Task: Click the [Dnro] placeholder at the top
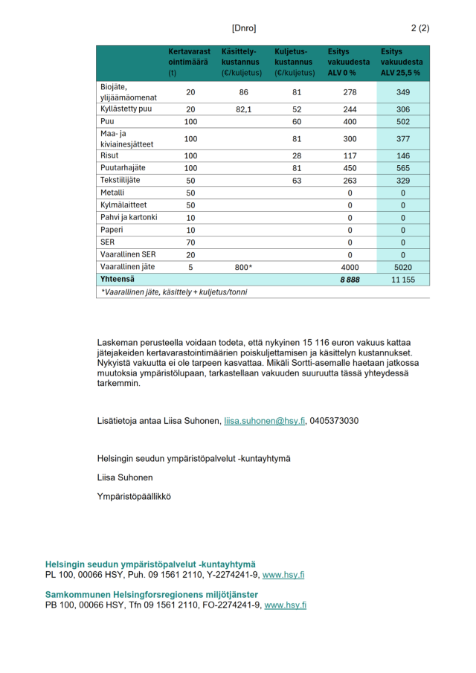pyautogui.click(x=244, y=28)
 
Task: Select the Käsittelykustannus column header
pyautogui.click(x=239, y=62)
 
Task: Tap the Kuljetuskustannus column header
pyautogui.click(x=295, y=62)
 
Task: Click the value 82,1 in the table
pyautogui.click(x=239, y=109)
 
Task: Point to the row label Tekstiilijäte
pyautogui.click(x=120, y=180)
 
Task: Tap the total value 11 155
pyautogui.click(x=403, y=279)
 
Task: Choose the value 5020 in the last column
pyautogui.click(x=403, y=266)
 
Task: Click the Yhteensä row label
pyautogui.click(x=116, y=279)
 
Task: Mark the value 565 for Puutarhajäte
pyautogui.click(x=403, y=168)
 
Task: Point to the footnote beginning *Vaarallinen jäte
pyautogui.click(x=173, y=292)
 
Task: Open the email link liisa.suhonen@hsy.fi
pyautogui.click(x=265, y=421)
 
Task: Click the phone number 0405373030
pyautogui.click(x=335, y=421)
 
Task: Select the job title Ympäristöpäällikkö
pyautogui.click(x=134, y=496)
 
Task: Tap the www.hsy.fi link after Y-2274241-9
pyautogui.click(x=283, y=575)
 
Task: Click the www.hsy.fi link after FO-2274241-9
pyautogui.click(x=286, y=605)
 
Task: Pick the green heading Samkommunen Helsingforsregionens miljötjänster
pyautogui.click(x=152, y=595)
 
